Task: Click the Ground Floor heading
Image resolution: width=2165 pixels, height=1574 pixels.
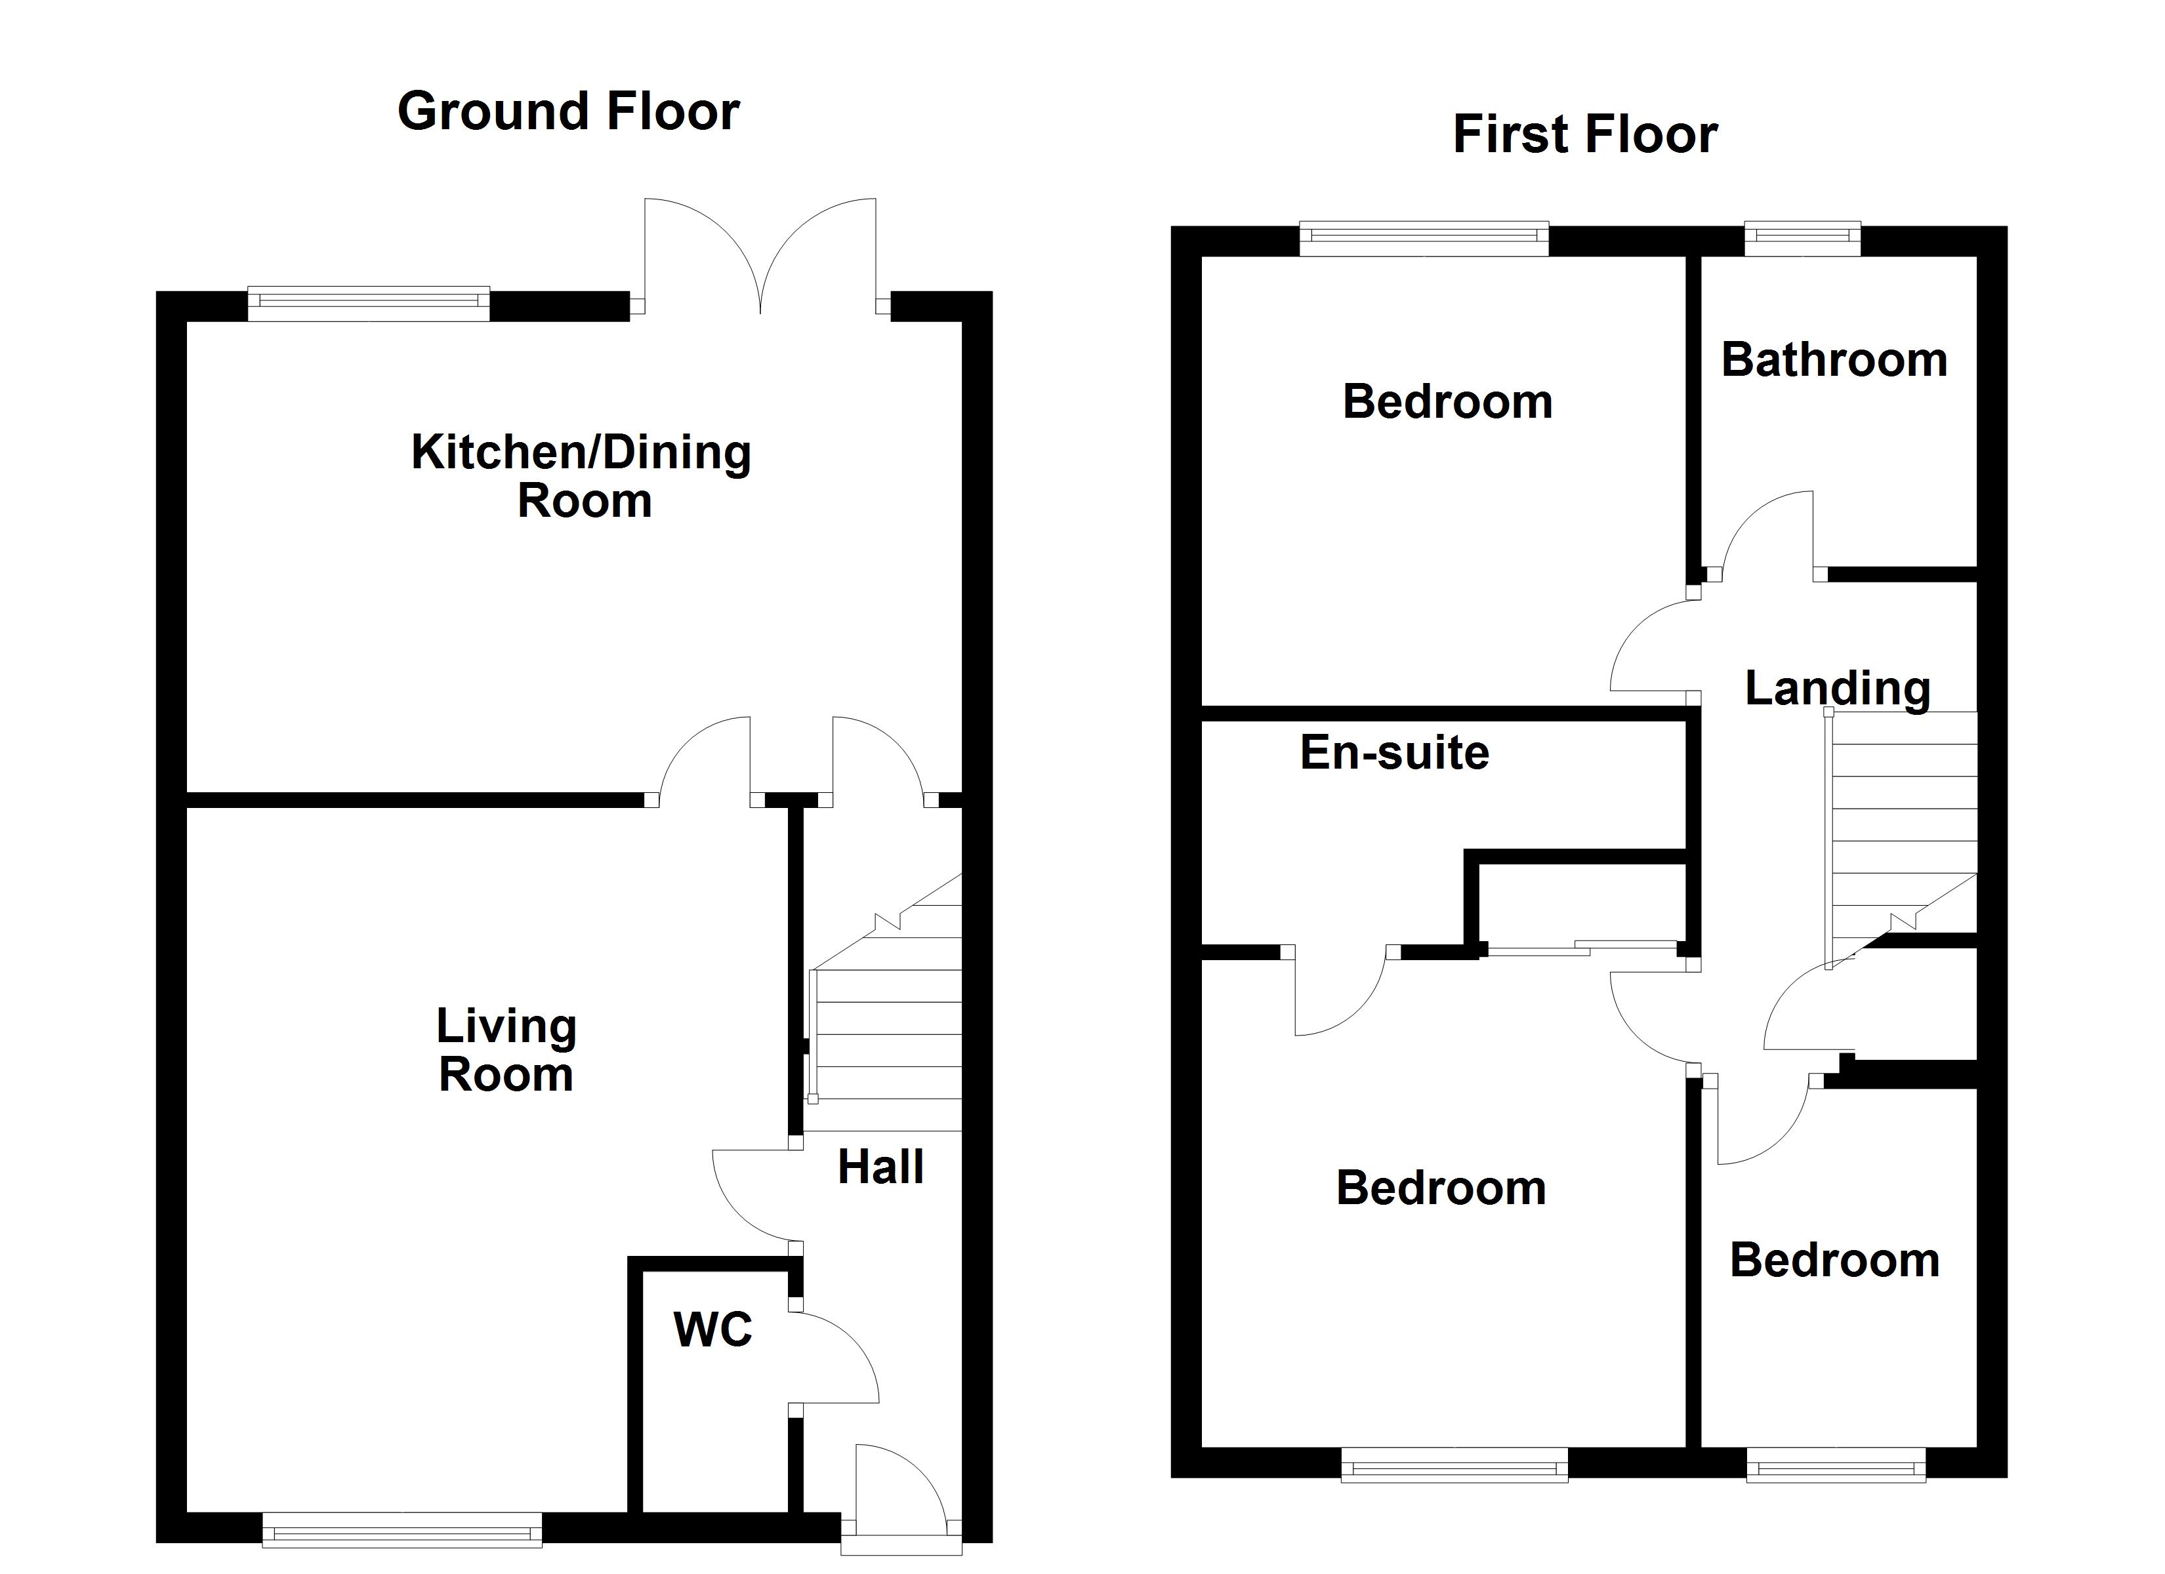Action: (x=568, y=111)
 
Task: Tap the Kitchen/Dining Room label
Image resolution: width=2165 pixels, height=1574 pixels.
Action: (x=581, y=476)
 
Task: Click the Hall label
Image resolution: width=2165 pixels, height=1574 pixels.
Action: (x=880, y=1167)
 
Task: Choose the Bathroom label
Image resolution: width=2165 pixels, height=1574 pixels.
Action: (x=1834, y=360)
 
